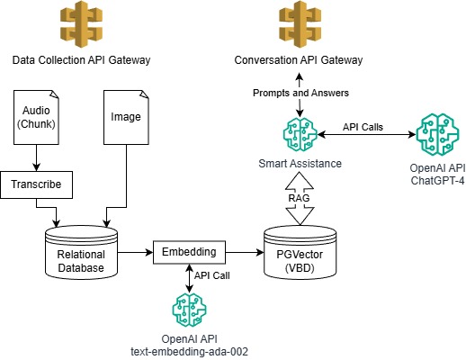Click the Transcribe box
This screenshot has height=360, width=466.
[36, 185]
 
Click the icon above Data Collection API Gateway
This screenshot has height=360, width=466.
[80, 27]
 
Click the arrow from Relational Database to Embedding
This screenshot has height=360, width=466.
[135, 252]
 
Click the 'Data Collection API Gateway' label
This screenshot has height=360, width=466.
[80, 60]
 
